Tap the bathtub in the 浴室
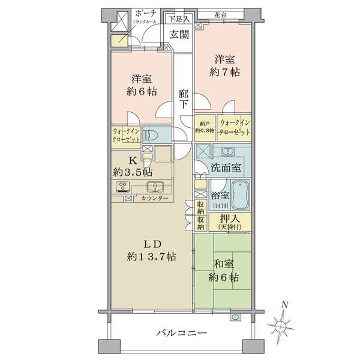point(240,195)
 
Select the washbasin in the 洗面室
point(228,152)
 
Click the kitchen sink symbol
point(155,186)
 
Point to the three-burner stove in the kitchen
point(123,187)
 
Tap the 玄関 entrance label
point(179,35)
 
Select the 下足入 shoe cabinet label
point(179,19)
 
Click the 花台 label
point(220,15)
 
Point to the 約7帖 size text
point(225,73)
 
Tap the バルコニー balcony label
point(182,333)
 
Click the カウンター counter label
point(154,198)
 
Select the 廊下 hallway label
point(184,99)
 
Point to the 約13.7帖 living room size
point(152,256)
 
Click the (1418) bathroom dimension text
point(221,206)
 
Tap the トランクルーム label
point(145,22)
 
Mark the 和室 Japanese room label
point(224,264)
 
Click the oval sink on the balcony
point(235,317)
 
